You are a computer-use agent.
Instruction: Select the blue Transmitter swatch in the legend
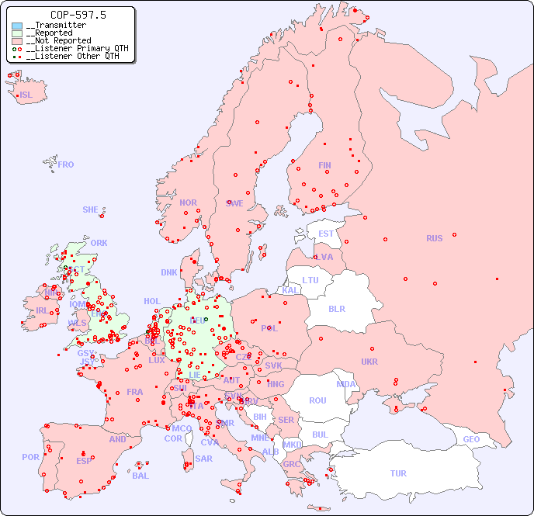click(17, 26)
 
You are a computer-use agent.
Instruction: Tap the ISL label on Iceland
click(26, 95)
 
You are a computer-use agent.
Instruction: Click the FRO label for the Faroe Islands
click(66, 164)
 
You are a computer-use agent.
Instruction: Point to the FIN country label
click(324, 165)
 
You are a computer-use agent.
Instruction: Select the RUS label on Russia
click(434, 238)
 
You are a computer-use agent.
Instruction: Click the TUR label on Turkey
click(398, 473)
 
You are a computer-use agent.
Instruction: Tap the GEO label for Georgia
click(471, 439)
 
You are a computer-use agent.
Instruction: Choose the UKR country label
click(369, 362)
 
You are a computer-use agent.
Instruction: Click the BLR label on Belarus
click(337, 308)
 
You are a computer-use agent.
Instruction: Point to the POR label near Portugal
click(30, 457)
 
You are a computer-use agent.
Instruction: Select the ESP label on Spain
click(84, 460)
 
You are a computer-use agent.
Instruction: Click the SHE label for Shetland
click(91, 210)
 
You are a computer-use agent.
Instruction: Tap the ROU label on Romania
click(317, 400)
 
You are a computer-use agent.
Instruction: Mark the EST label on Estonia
click(326, 234)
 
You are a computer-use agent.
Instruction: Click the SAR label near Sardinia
click(204, 459)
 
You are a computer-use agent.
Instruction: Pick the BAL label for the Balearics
click(140, 476)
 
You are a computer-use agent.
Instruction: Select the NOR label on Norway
click(188, 203)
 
